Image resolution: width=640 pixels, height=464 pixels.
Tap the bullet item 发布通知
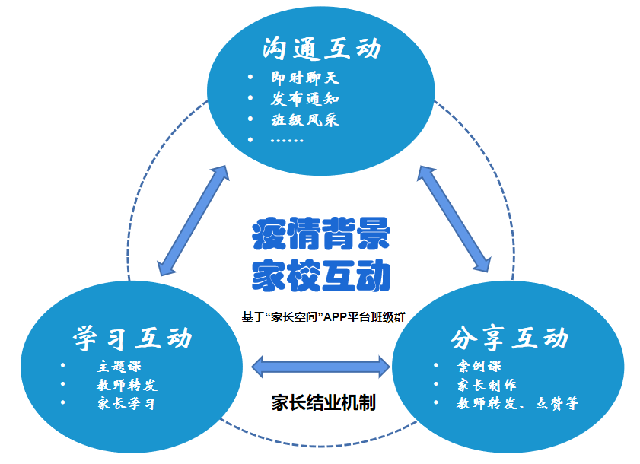point(304,99)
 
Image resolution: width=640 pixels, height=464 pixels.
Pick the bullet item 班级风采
point(304,120)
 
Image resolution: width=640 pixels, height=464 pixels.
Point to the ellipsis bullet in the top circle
point(286,140)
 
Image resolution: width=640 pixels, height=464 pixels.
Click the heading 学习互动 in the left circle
point(132,337)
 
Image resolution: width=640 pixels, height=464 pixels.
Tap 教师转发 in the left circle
point(126,385)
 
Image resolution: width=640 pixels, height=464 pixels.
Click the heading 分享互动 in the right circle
point(509,337)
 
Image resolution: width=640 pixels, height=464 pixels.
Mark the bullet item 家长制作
point(487,385)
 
